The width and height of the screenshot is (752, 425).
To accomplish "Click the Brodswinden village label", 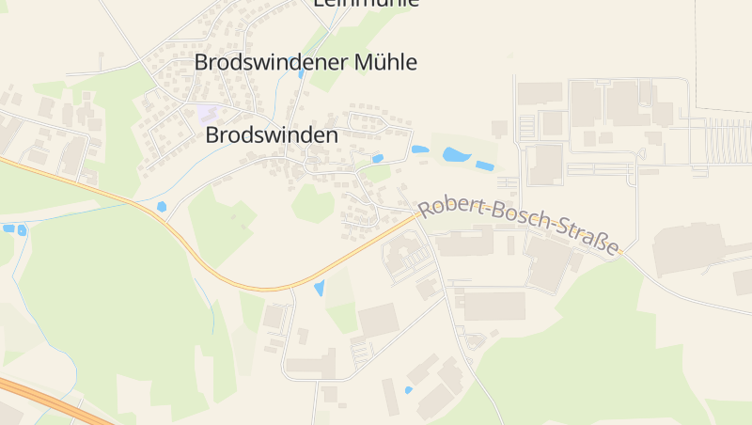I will [x=271, y=135].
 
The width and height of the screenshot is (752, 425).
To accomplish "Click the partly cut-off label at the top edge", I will [x=365, y=4].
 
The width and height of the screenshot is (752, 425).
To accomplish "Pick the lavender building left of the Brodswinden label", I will [x=207, y=114].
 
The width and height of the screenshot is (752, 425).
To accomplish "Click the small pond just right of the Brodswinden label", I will [x=378, y=159].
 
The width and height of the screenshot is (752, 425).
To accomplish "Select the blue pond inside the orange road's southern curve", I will [x=319, y=288].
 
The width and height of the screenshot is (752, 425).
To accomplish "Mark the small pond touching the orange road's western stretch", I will [x=162, y=207].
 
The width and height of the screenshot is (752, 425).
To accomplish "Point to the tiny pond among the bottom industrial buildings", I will [x=408, y=389].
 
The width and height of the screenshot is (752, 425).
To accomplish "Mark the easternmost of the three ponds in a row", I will [x=484, y=165].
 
